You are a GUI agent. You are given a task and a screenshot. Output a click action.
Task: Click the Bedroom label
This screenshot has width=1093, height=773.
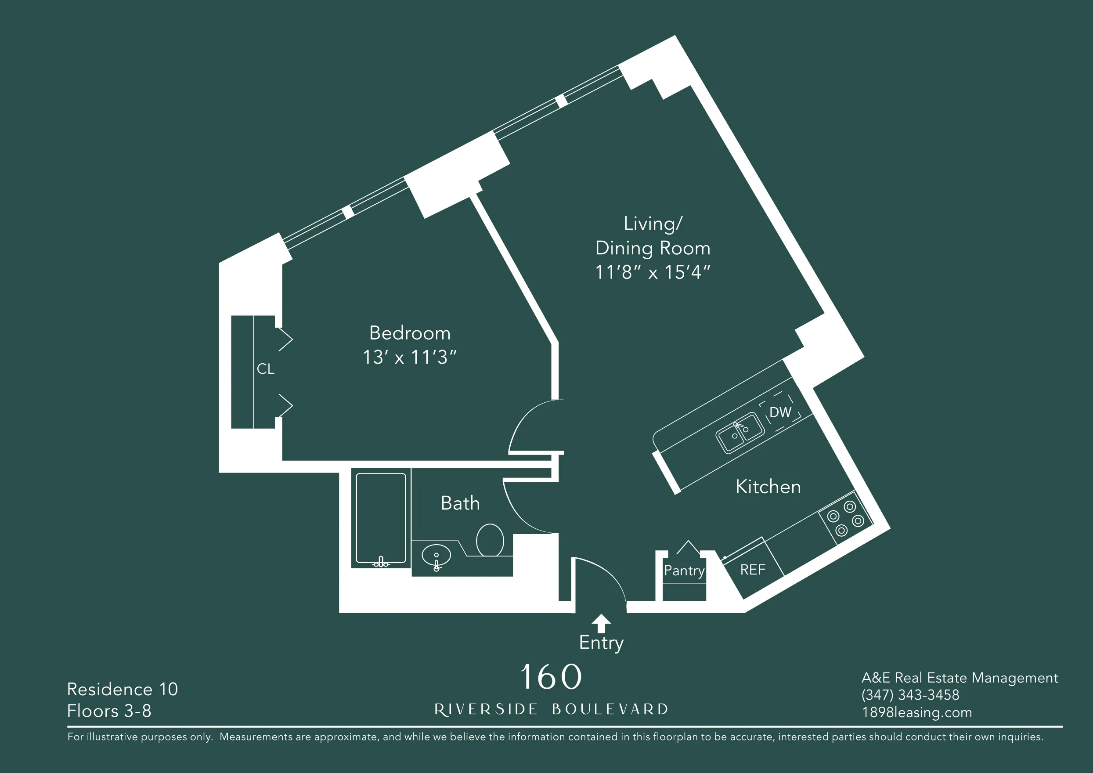point(409,333)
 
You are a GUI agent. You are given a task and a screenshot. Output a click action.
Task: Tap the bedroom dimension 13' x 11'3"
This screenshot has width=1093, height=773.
point(409,358)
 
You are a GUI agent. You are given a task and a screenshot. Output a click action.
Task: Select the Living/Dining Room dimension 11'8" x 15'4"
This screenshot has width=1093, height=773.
point(652,273)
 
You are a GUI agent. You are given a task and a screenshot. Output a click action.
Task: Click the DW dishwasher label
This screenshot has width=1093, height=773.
point(780,412)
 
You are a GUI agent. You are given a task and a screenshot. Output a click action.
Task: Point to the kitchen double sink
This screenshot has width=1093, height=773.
point(740,432)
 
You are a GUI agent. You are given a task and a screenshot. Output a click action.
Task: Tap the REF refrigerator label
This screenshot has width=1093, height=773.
point(753,570)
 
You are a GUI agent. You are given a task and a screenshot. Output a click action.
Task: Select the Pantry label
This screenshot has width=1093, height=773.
point(684,570)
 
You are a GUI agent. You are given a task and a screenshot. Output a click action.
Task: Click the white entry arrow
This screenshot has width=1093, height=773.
point(601,623)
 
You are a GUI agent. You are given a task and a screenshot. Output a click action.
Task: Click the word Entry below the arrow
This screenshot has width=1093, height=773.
point(601,643)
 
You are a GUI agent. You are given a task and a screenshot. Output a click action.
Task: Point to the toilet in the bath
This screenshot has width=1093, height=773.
point(490,540)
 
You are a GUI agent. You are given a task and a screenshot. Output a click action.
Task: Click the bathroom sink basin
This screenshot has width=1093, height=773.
point(436,556)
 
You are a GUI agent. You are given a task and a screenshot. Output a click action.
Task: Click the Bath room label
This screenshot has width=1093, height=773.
point(460,504)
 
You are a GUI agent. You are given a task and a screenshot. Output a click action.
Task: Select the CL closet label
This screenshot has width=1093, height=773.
point(265,369)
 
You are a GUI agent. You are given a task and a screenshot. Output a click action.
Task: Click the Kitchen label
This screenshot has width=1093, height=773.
point(768,487)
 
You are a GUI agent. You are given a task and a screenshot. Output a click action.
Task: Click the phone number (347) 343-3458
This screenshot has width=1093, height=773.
point(910,695)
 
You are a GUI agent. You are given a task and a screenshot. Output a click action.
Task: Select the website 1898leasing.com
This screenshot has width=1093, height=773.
point(916,712)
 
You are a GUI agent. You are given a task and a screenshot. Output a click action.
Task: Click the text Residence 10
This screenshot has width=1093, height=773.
point(123,689)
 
